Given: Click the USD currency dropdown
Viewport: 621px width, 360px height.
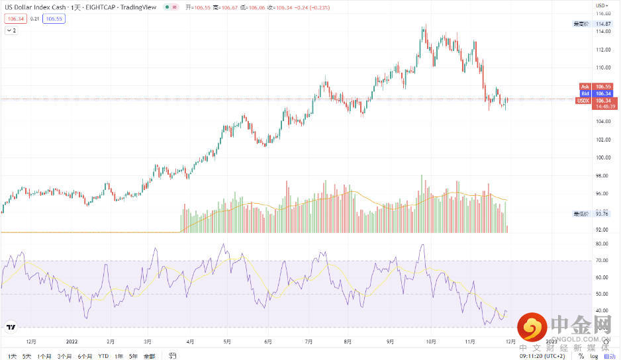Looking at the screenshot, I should click(x=602, y=5).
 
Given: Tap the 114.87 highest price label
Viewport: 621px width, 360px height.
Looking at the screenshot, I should click(x=602, y=24).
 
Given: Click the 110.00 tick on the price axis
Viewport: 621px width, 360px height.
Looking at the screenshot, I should click(x=602, y=67).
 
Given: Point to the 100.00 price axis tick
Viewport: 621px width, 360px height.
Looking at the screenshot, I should click(x=602, y=158).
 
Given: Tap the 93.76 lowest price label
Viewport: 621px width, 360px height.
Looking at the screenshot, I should click(x=602, y=214).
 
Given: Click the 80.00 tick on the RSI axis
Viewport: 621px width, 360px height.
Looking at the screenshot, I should click(x=601, y=244).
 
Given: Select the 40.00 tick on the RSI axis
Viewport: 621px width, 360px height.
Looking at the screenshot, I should click(x=601, y=310).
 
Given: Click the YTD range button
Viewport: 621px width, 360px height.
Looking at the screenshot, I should click(x=103, y=356).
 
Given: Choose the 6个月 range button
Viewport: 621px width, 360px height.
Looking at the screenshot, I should click(x=85, y=356).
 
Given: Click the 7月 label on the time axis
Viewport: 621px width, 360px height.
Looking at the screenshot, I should click(x=309, y=342).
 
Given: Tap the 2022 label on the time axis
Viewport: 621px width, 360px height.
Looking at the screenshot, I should click(x=73, y=342).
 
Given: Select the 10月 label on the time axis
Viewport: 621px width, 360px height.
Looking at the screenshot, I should click(x=431, y=342).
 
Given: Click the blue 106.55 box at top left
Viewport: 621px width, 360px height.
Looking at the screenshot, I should click(x=53, y=19).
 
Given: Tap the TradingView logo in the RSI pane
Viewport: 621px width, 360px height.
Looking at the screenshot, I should click(x=11, y=327).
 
